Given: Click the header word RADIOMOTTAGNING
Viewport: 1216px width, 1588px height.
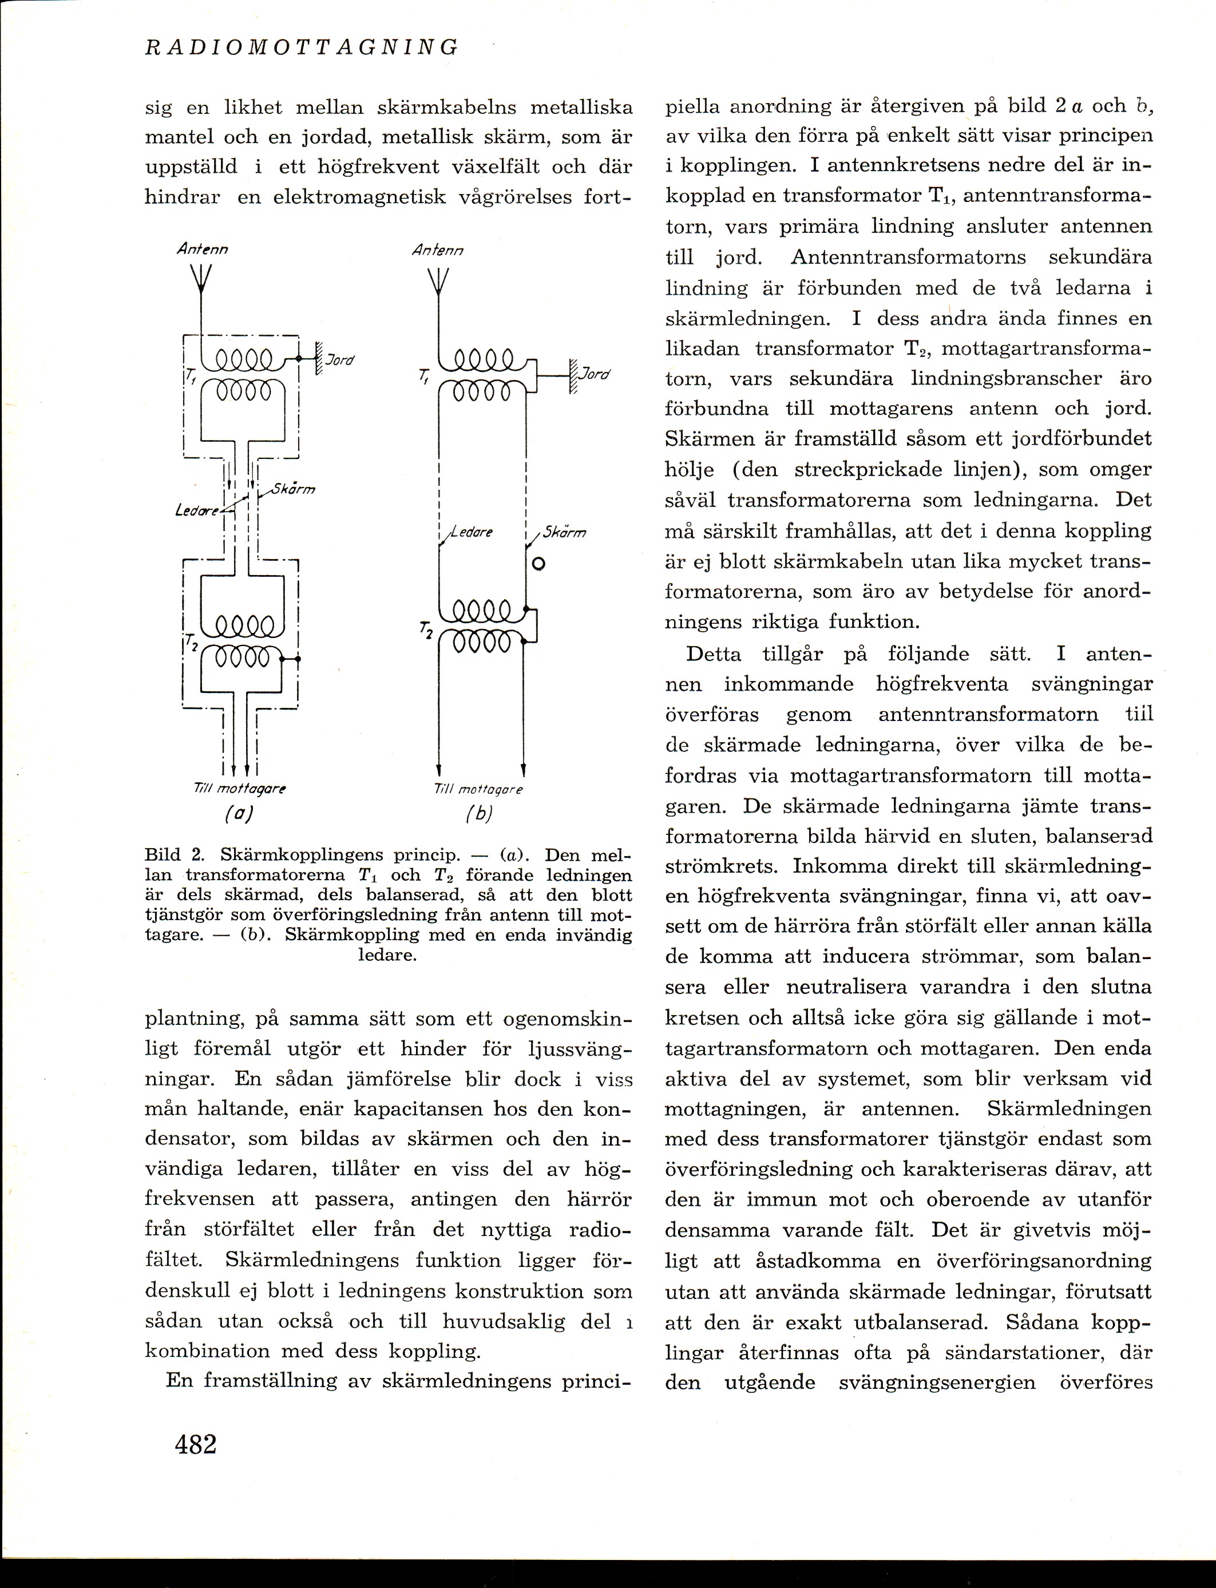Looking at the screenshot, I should [302, 47].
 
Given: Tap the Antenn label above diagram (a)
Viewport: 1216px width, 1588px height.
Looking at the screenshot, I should [202, 249].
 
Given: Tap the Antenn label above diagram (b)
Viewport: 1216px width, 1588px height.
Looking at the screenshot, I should [437, 251].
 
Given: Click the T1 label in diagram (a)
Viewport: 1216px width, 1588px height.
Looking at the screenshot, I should [191, 375].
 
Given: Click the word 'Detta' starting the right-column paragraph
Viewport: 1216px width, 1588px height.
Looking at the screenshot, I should [713, 654].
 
